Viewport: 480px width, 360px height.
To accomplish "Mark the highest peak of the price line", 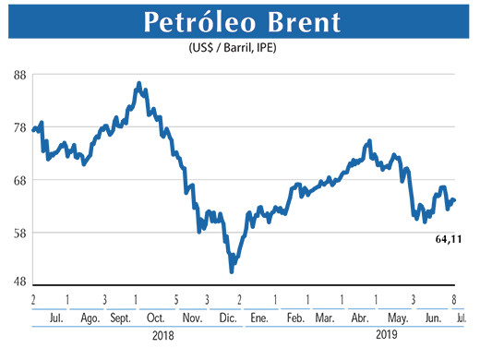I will (138, 84).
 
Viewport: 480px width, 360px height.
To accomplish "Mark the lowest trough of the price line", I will (232, 271).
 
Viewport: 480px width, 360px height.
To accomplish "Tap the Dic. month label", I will (227, 318).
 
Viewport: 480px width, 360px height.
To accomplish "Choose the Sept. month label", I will (121, 318).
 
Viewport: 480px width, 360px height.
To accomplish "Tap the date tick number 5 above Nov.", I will (176, 300).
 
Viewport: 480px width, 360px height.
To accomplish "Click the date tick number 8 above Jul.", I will (454, 300).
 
